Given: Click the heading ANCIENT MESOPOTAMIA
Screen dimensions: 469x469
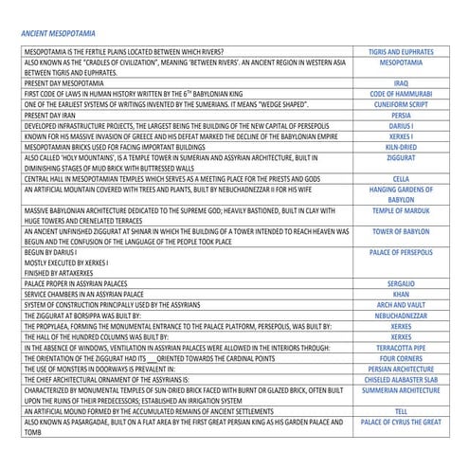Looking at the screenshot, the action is coord(60,32).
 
